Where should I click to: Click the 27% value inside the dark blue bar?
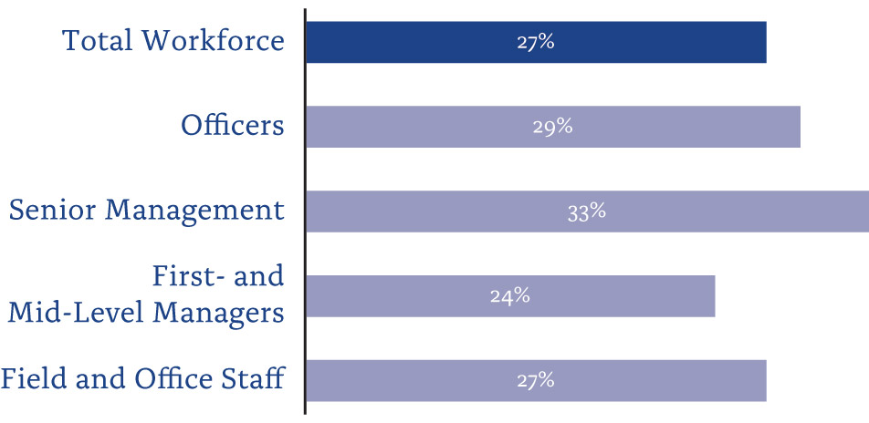click(x=535, y=42)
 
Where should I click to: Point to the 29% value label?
click(x=552, y=127)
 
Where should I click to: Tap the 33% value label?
click(x=586, y=211)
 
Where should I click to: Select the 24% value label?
click(x=509, y=296)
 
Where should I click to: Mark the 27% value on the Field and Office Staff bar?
click(x=535, y=380)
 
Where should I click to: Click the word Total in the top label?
click(x=98, y=41)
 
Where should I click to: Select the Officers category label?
click(x=232, y=125)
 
